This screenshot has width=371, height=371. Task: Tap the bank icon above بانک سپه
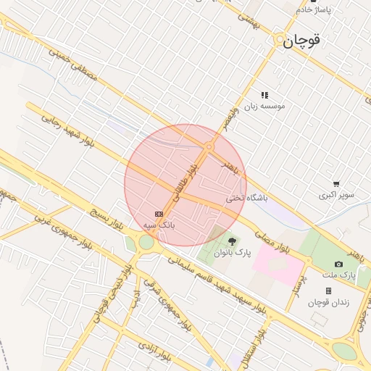point(159,214)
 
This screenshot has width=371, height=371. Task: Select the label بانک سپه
point(159,226)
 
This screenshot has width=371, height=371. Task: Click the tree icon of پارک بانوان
point(232,241)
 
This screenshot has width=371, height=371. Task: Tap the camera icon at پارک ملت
point(338,264)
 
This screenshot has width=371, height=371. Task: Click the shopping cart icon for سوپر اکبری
point(336,184)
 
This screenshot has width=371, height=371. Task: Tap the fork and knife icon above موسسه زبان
point(264,95)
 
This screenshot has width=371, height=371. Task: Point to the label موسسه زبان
point(264,106)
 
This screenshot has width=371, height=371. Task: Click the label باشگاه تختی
point(247,197)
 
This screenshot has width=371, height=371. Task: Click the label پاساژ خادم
point(314,9)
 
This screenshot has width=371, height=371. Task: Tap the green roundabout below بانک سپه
point(146,243)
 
